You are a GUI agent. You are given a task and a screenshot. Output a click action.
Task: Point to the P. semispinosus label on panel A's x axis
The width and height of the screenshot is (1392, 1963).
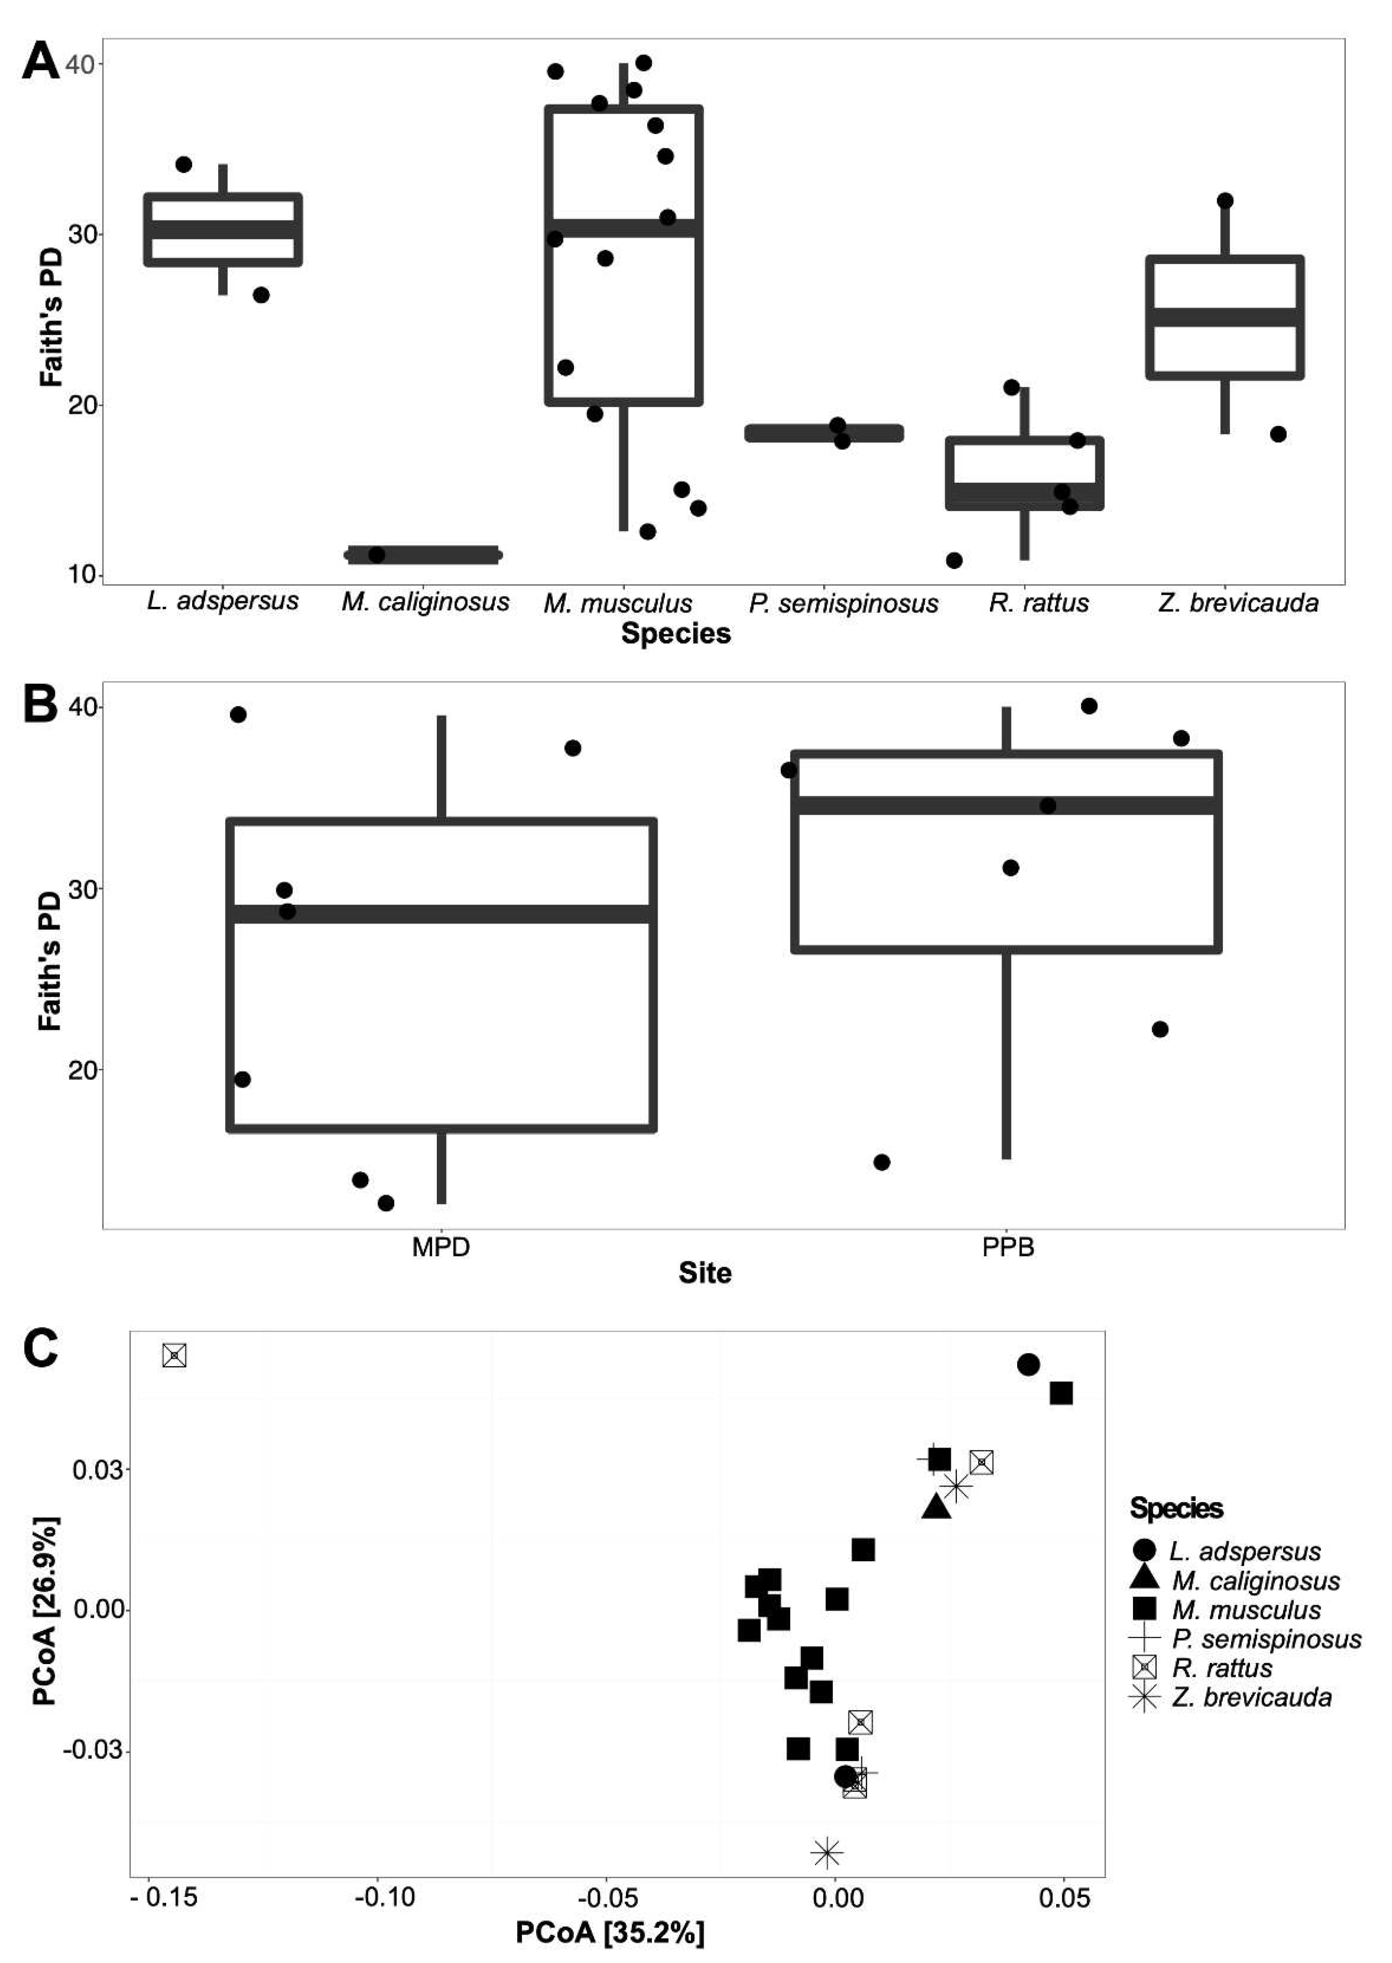pyautogui.click(x=843, y=603)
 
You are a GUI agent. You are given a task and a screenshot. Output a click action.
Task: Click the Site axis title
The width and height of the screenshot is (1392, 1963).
pyautogui.click(x=704, y=1273)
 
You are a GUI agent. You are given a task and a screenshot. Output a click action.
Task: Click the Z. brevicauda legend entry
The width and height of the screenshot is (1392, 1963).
pyautogui.click(x=1251, y=1697)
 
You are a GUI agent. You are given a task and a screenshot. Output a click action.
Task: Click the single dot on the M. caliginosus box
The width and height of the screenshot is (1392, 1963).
pyautogui.click(x=376, y=554)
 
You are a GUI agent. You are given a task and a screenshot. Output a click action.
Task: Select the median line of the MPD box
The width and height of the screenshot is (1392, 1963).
pyautogui.click(x=442, y=914)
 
